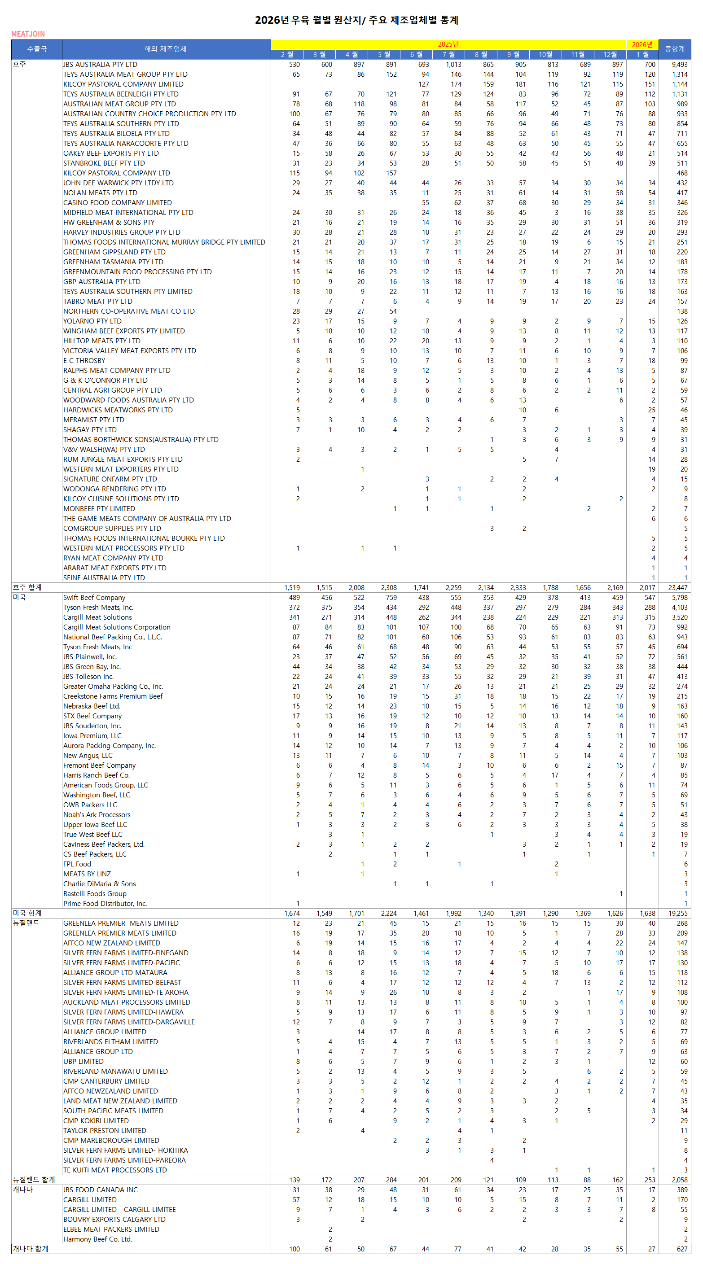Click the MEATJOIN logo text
[28, 34]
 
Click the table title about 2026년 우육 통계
[356, 20]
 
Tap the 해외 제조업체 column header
[166, 49]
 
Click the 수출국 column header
[37, 49]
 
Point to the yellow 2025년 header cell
[448, 44]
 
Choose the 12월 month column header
[610, 54]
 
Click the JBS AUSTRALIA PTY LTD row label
[100, 64]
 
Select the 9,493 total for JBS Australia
[680, 64]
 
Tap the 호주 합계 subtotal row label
[27, 587]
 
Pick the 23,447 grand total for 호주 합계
[677, 587]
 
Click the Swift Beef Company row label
[94, 597]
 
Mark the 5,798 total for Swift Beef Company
[680, 597]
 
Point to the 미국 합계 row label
[27, 913]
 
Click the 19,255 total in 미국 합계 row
[677, 913]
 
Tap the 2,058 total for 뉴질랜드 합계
[680, 1180]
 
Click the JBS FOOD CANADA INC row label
[100, 1190]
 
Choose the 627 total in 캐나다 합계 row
[682, 1249]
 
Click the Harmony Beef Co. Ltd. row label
[97, 1239]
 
